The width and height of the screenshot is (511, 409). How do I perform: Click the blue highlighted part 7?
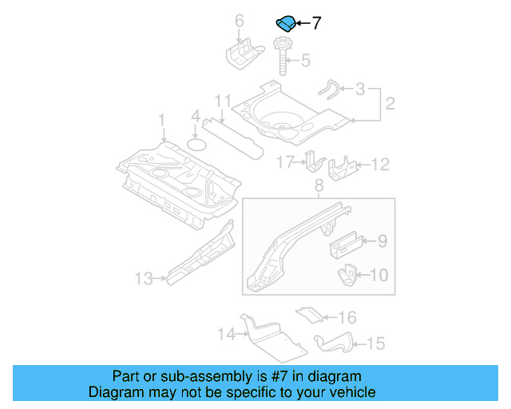point(285,23)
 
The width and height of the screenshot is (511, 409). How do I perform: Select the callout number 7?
point(316,23)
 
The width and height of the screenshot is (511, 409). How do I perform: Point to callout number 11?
point(222,101)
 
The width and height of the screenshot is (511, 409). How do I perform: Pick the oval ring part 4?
point(196,145)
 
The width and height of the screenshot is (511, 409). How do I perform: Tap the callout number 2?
point(390,104)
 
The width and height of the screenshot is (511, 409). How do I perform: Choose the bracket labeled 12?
point(344,166)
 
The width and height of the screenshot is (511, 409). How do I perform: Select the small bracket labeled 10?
point(347,275)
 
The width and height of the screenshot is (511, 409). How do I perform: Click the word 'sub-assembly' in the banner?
point(183,376)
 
